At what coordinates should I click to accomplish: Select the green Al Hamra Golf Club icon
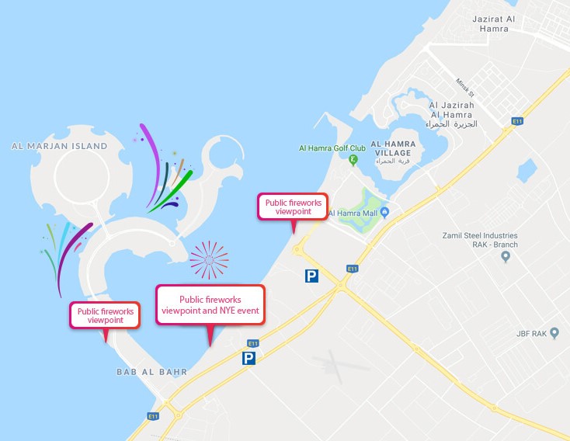click(x=353, y=161)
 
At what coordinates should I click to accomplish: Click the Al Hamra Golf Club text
click(x=332, y=148)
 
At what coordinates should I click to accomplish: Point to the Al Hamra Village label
click(x=393, y=148)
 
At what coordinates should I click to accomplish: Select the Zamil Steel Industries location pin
click(x=506, y=256)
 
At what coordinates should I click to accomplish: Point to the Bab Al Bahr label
click(x=151, y=372)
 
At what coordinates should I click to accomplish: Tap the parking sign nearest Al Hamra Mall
click(x=311, y=276)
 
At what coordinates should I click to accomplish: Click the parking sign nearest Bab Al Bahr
click(x=249, y=358)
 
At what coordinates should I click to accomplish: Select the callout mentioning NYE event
click(x=210, y=304)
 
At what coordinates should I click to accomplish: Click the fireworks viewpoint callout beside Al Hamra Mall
click(x=292, y=207)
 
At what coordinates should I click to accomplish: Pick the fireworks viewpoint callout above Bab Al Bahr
click(x=105, y=315)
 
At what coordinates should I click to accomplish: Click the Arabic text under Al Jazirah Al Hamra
click(x=451, y=124)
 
